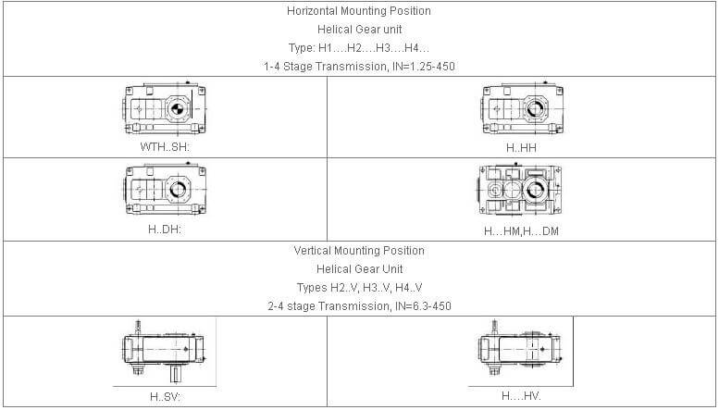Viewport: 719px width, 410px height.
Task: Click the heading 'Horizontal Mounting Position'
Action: click(x=359, y=11)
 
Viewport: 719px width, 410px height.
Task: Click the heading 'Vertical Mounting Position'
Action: click(x=359, y=251)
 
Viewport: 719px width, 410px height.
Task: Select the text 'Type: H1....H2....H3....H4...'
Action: click(x=359, y=48)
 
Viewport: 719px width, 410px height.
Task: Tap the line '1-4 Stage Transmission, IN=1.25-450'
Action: click(x=359, y=67)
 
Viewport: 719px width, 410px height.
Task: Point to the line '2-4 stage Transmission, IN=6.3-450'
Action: click(x=359, y=305)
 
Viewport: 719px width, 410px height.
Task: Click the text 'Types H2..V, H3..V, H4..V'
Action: click(x=359, y=287)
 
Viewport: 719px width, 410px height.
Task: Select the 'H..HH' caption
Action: click(x=521, y=147)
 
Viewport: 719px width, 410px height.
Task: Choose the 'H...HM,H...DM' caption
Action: click(x=521, y=230)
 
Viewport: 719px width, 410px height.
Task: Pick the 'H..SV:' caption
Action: click(x=165, y=396)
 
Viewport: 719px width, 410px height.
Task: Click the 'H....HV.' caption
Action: click(x=521, y=396)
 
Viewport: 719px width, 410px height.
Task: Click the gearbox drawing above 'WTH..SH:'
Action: click(x=164, y=109)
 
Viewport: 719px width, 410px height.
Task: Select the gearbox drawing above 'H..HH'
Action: click(x=521, y=109)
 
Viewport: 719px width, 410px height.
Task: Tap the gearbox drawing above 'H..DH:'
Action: click(x=164, y=190)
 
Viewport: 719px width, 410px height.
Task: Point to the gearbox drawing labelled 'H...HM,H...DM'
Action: click(x=521, y=192)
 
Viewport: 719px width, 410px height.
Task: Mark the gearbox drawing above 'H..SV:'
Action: click(x=164, y=352)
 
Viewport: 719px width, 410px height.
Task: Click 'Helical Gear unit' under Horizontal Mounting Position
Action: click(x=359, y=30)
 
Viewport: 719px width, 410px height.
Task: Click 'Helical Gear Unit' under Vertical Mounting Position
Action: click(x=359, y=268)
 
